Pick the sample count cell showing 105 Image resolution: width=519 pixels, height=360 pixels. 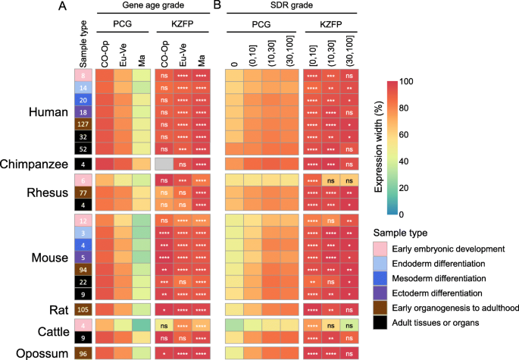(x=84, y=309)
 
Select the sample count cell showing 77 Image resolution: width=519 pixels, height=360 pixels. (x=84, y=193)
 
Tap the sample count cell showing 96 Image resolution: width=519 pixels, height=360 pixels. (x=84, y=352)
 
